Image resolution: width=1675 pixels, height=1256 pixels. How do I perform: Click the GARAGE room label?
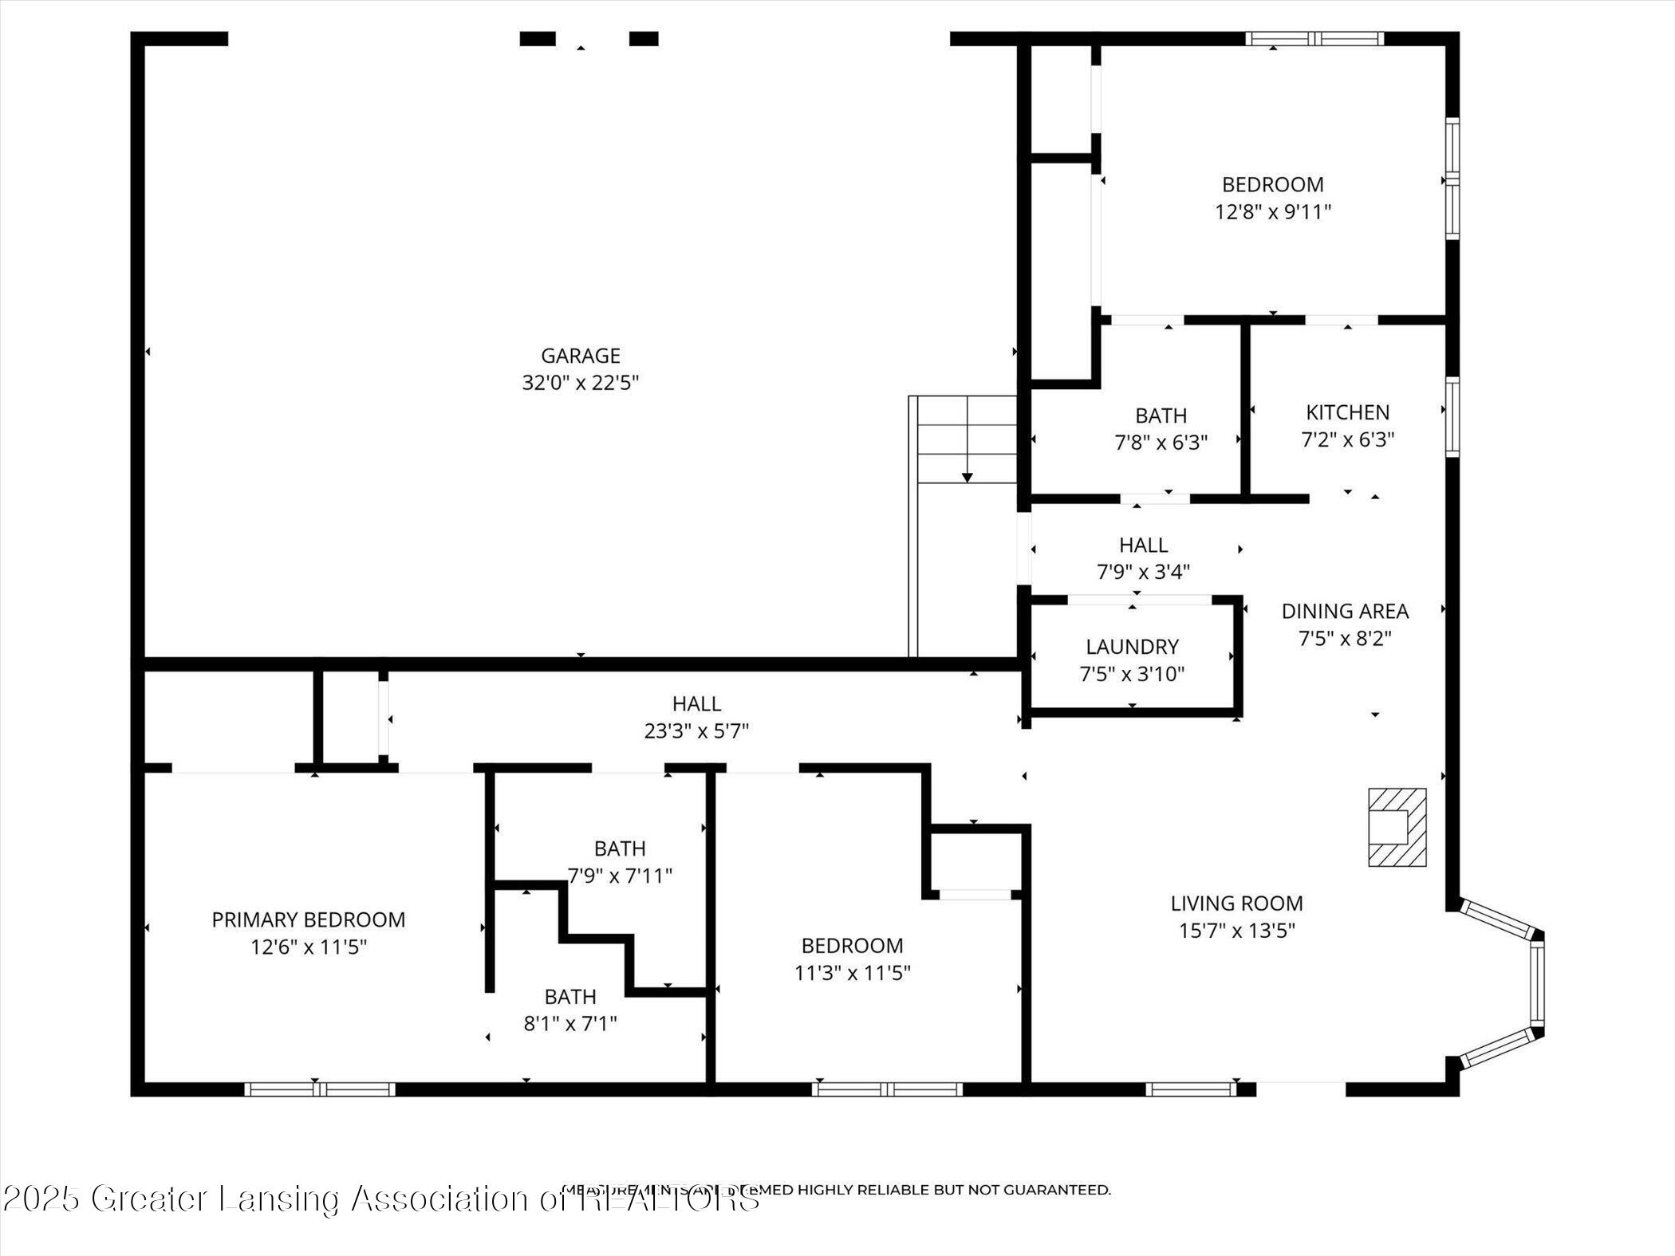[x=580, y=356]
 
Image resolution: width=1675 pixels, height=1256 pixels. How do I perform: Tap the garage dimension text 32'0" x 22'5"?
[x=580, y=383]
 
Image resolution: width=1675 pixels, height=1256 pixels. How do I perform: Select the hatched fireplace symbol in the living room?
[x=1397, y=827]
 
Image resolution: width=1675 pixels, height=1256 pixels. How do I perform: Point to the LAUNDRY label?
[x=1132, y=646]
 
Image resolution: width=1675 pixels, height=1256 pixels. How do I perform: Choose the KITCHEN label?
[x=1347, y=412]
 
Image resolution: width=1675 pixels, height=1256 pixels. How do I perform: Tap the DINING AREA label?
[x=1345, y=611]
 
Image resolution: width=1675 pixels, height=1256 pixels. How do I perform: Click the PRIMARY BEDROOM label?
[x=308, y=919]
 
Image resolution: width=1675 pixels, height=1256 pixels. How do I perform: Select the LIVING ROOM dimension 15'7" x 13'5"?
[x=1236, y=931]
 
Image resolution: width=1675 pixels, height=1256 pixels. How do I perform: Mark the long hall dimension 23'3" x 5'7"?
[x=696, y=730]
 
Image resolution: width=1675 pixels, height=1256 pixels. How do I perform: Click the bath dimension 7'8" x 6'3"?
[x=1161, y=443]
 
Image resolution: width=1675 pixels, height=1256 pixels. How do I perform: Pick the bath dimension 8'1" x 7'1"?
[x=569, y=1023]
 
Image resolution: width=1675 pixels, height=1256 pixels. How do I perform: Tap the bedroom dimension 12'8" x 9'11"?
[x=1273, y=212]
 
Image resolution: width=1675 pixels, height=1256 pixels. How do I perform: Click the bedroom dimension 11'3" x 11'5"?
[x=852, y=973]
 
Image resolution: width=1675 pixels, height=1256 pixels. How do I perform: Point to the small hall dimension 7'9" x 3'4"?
[x=1143, y=572]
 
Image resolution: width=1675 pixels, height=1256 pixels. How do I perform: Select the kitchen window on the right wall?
[x=1452, y=416]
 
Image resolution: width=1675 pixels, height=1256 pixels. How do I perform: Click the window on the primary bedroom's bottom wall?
[x=319, y=1089]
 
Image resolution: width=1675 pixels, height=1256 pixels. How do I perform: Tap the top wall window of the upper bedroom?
[x=1314, y=38]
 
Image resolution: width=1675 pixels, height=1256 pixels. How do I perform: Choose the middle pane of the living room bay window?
[x=1537, y=982]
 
